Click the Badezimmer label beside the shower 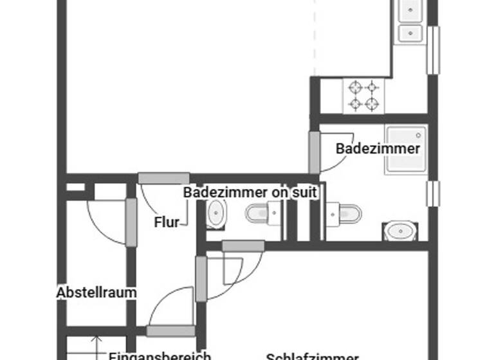[x=378, y=148]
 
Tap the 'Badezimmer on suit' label [x=250, y=192]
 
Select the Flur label [x=167, y=222]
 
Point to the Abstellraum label [x=96, y=292]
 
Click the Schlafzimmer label [x=312, y=355]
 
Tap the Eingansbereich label [x=160, y=355]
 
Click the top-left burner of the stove [x=354, y=87]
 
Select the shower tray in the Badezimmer [x=406, y=150]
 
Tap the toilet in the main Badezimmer [x=345, y=213]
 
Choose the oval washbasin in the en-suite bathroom [x=217, y=213]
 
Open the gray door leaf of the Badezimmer [x=314, y=152]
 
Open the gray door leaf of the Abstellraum [x=131, y=222]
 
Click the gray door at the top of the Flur [x=163, y=178]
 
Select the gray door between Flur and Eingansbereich [x=170, y=331]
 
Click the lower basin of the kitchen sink [x=410, y=33]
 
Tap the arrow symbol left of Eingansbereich [x=96, y=347]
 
